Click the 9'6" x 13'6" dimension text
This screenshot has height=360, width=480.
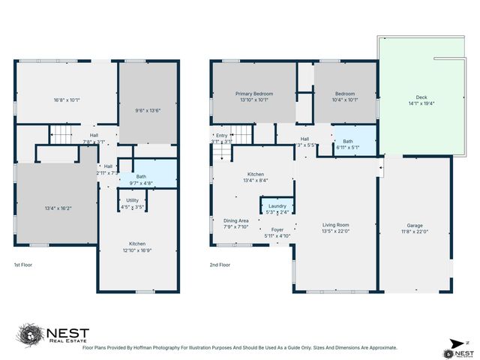[148, 110]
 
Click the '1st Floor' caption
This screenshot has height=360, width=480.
[22, 265]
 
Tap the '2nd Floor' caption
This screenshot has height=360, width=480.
[220, 265]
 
